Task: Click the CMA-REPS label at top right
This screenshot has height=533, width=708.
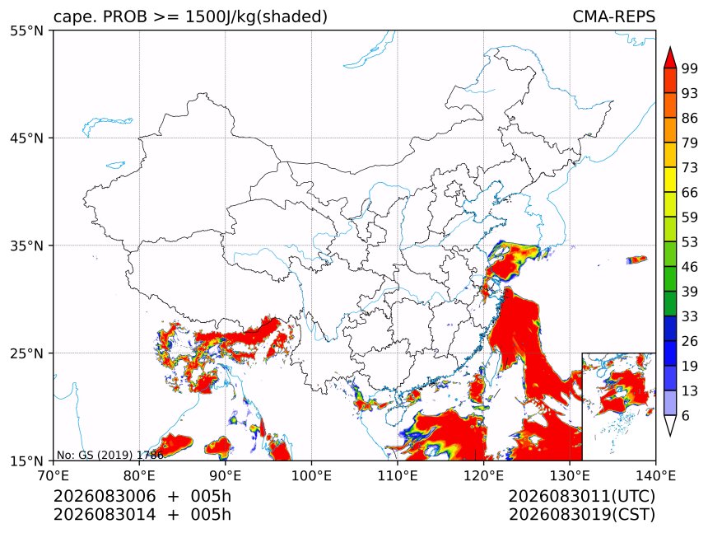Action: tap(613, 16)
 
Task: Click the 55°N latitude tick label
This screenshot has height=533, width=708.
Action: tap(26, 30)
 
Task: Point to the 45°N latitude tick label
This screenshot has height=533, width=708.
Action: tap(26, 138)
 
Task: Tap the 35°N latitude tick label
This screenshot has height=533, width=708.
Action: tap(26, 245)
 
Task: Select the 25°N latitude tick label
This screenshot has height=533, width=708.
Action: tap(26, 353)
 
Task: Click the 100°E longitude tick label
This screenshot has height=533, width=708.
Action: tap(311, 475)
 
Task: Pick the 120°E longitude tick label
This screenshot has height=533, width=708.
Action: tap(483, 475)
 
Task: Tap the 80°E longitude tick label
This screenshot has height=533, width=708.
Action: tap(139, 475)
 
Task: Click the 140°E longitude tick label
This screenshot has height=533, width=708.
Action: tap(655, 475)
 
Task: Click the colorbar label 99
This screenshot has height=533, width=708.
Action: tap(690, 68)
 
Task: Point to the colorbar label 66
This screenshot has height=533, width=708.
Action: tap(690, 193)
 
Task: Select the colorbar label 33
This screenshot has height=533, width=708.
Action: tap(690, 316)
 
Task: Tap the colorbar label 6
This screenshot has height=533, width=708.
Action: tap(686, 415)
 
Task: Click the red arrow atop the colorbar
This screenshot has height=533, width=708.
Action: tap(670, 58)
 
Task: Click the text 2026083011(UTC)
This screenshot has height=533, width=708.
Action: tap(581, 496)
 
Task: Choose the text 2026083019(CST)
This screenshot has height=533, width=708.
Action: tap(581, 515)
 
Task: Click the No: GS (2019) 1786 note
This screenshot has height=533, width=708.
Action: tap(109, 455)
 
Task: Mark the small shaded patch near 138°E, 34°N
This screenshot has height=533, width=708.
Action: tap(636, 259)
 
